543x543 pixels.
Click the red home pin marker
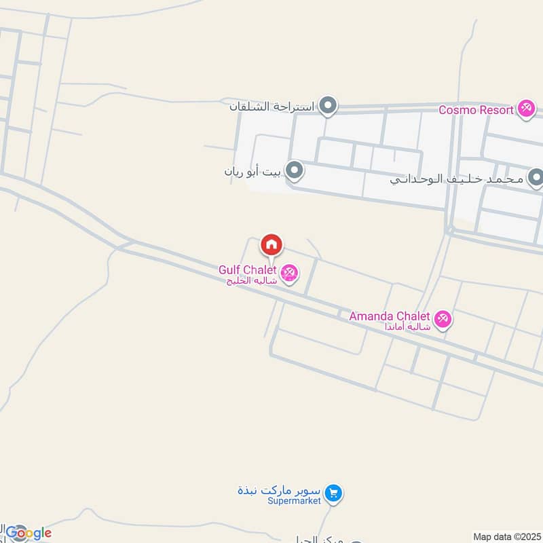point(271,245)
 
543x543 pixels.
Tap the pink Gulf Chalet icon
point(290,272)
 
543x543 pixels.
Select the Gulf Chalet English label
point(247,269)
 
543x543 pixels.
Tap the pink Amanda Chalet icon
point(443,319)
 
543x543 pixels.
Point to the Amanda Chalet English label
point(390,316)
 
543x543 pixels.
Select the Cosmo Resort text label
point(475,109)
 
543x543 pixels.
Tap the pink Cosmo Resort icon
point(526,109)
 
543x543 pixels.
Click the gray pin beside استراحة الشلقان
point(329,106)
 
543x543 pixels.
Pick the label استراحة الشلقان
point(271,107)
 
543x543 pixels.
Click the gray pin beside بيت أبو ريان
point(294,171)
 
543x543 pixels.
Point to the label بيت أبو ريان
point(252,172)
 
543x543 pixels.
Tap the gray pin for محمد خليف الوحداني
point(536,179)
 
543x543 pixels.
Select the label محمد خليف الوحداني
point(457,179)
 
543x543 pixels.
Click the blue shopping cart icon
point(333,493)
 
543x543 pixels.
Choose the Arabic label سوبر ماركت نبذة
point(279,490)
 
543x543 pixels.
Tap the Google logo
point(29,533)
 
